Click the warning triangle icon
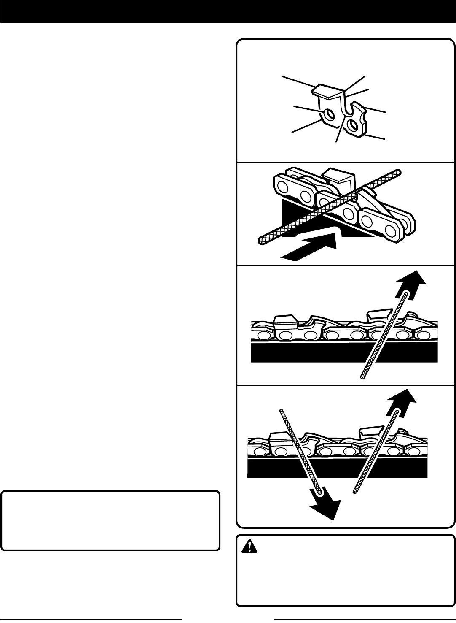click(x=249, y=547)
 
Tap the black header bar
click(x=228, y=11)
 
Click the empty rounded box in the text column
click(x=110, y=520)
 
